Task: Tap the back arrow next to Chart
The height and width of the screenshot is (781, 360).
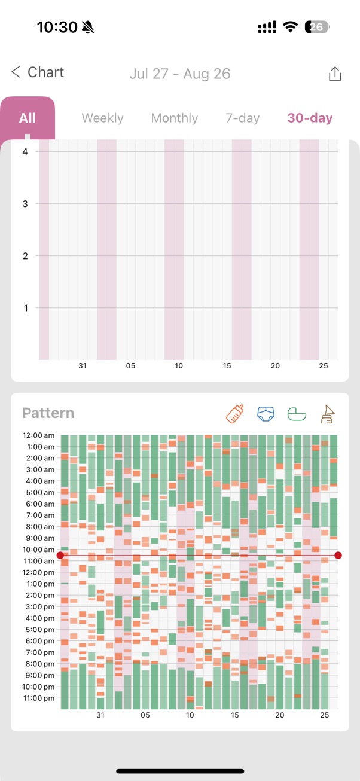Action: click(x=16, y=72)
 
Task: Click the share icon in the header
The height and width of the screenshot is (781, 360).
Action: click(x=335, y=74)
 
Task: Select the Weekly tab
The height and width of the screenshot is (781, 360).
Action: click(x=102, y=118)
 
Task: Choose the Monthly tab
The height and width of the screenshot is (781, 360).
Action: click(x=175, y=118)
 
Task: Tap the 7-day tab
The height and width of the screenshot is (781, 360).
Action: click(x=242, y=118)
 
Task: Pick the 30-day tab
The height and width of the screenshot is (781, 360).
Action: click(x=310, y=118)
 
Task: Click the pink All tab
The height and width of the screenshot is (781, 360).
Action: click(x=28, y=118)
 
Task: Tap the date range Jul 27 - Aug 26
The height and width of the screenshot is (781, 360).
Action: click(x=180, y=74)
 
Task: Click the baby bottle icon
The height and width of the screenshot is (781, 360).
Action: click(x=235, y=414)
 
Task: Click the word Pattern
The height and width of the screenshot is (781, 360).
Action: click(x=48, y=413)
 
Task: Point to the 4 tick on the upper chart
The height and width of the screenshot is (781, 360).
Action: click(x=25, y=152)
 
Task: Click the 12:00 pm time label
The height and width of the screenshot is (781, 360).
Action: click(x=38, y=572)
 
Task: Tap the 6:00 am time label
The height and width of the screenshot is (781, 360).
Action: click(x=39, y=504)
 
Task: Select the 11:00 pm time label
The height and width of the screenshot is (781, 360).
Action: click(x=38, y=698)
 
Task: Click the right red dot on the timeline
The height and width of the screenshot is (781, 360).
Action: click(x=338, y=556)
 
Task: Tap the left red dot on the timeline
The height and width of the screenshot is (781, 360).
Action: click(x=60, y=556)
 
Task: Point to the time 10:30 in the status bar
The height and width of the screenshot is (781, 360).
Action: click(x=57, y=27)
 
